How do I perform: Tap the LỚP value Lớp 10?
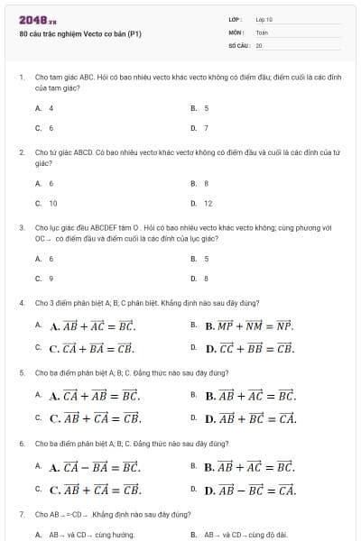pyautogui.click(x=264, y=19)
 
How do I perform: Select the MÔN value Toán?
pyautogui.click(x=262, y=32)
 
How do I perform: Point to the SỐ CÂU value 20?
pyautogui.click(x=259, y=44)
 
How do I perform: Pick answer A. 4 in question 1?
pyautogui.click(x=44, y=107)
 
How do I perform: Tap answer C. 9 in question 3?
pyautogui.click(x=44, y=278)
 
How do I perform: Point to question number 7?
pyautogui.click(x=21, y=514)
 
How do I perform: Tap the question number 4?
pyautogui.click(x=21, y=302)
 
